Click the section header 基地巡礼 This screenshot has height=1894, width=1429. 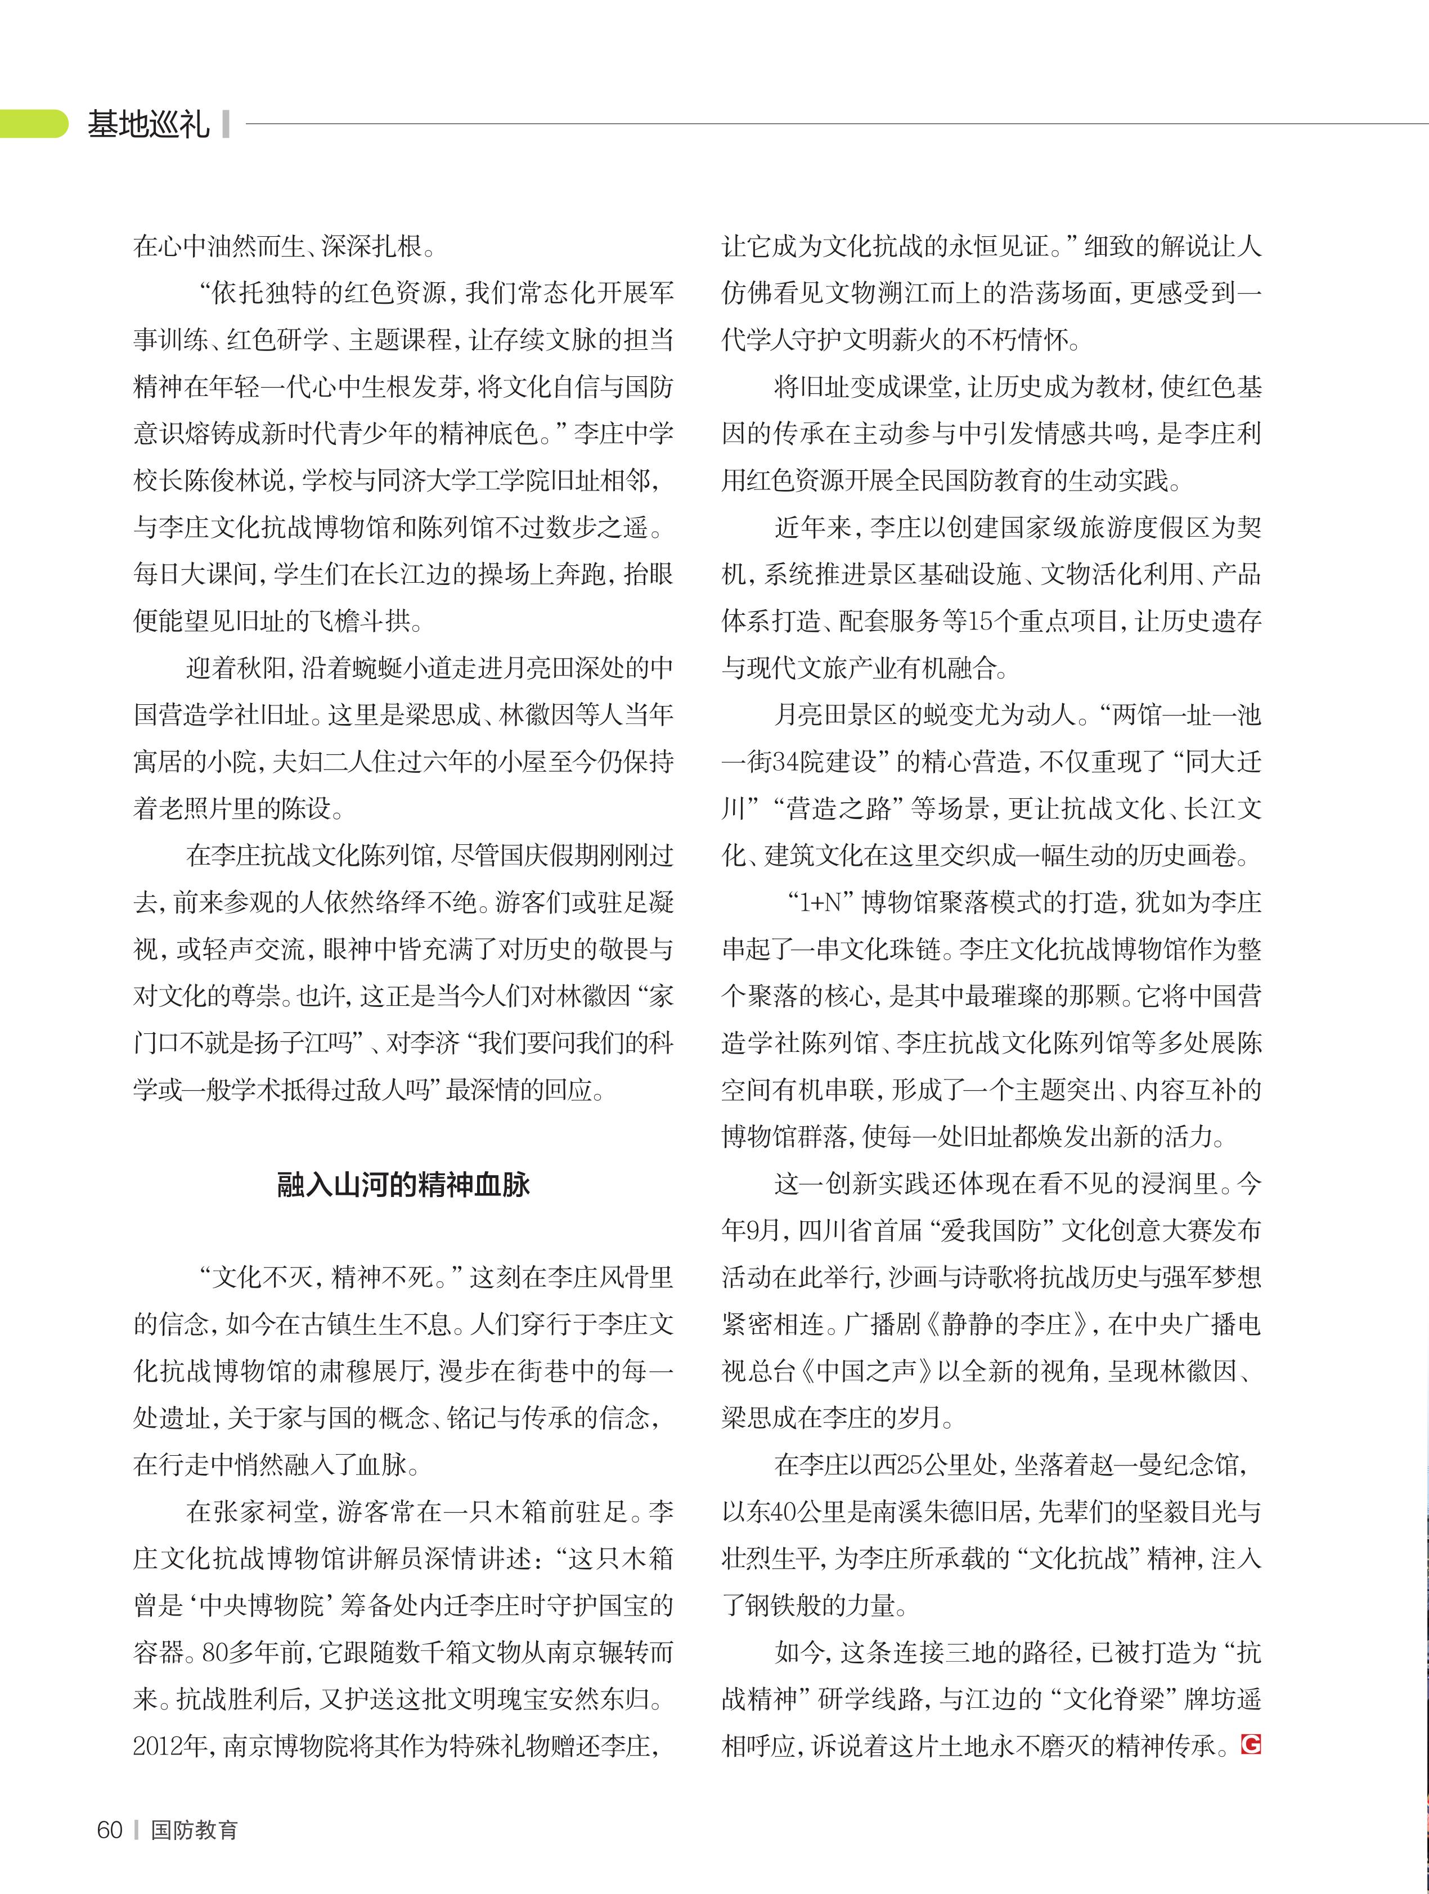coord(148,125)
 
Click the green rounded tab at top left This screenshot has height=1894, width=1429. coord(33,124)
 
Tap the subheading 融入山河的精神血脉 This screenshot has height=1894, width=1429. coord(403,1185)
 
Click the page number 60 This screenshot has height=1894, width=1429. coord(110,1830)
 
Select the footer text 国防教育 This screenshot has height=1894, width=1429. coord(194,1830)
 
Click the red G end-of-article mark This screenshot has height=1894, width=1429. coord(1251,1744)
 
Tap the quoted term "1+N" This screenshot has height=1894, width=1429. coord(822,902)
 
